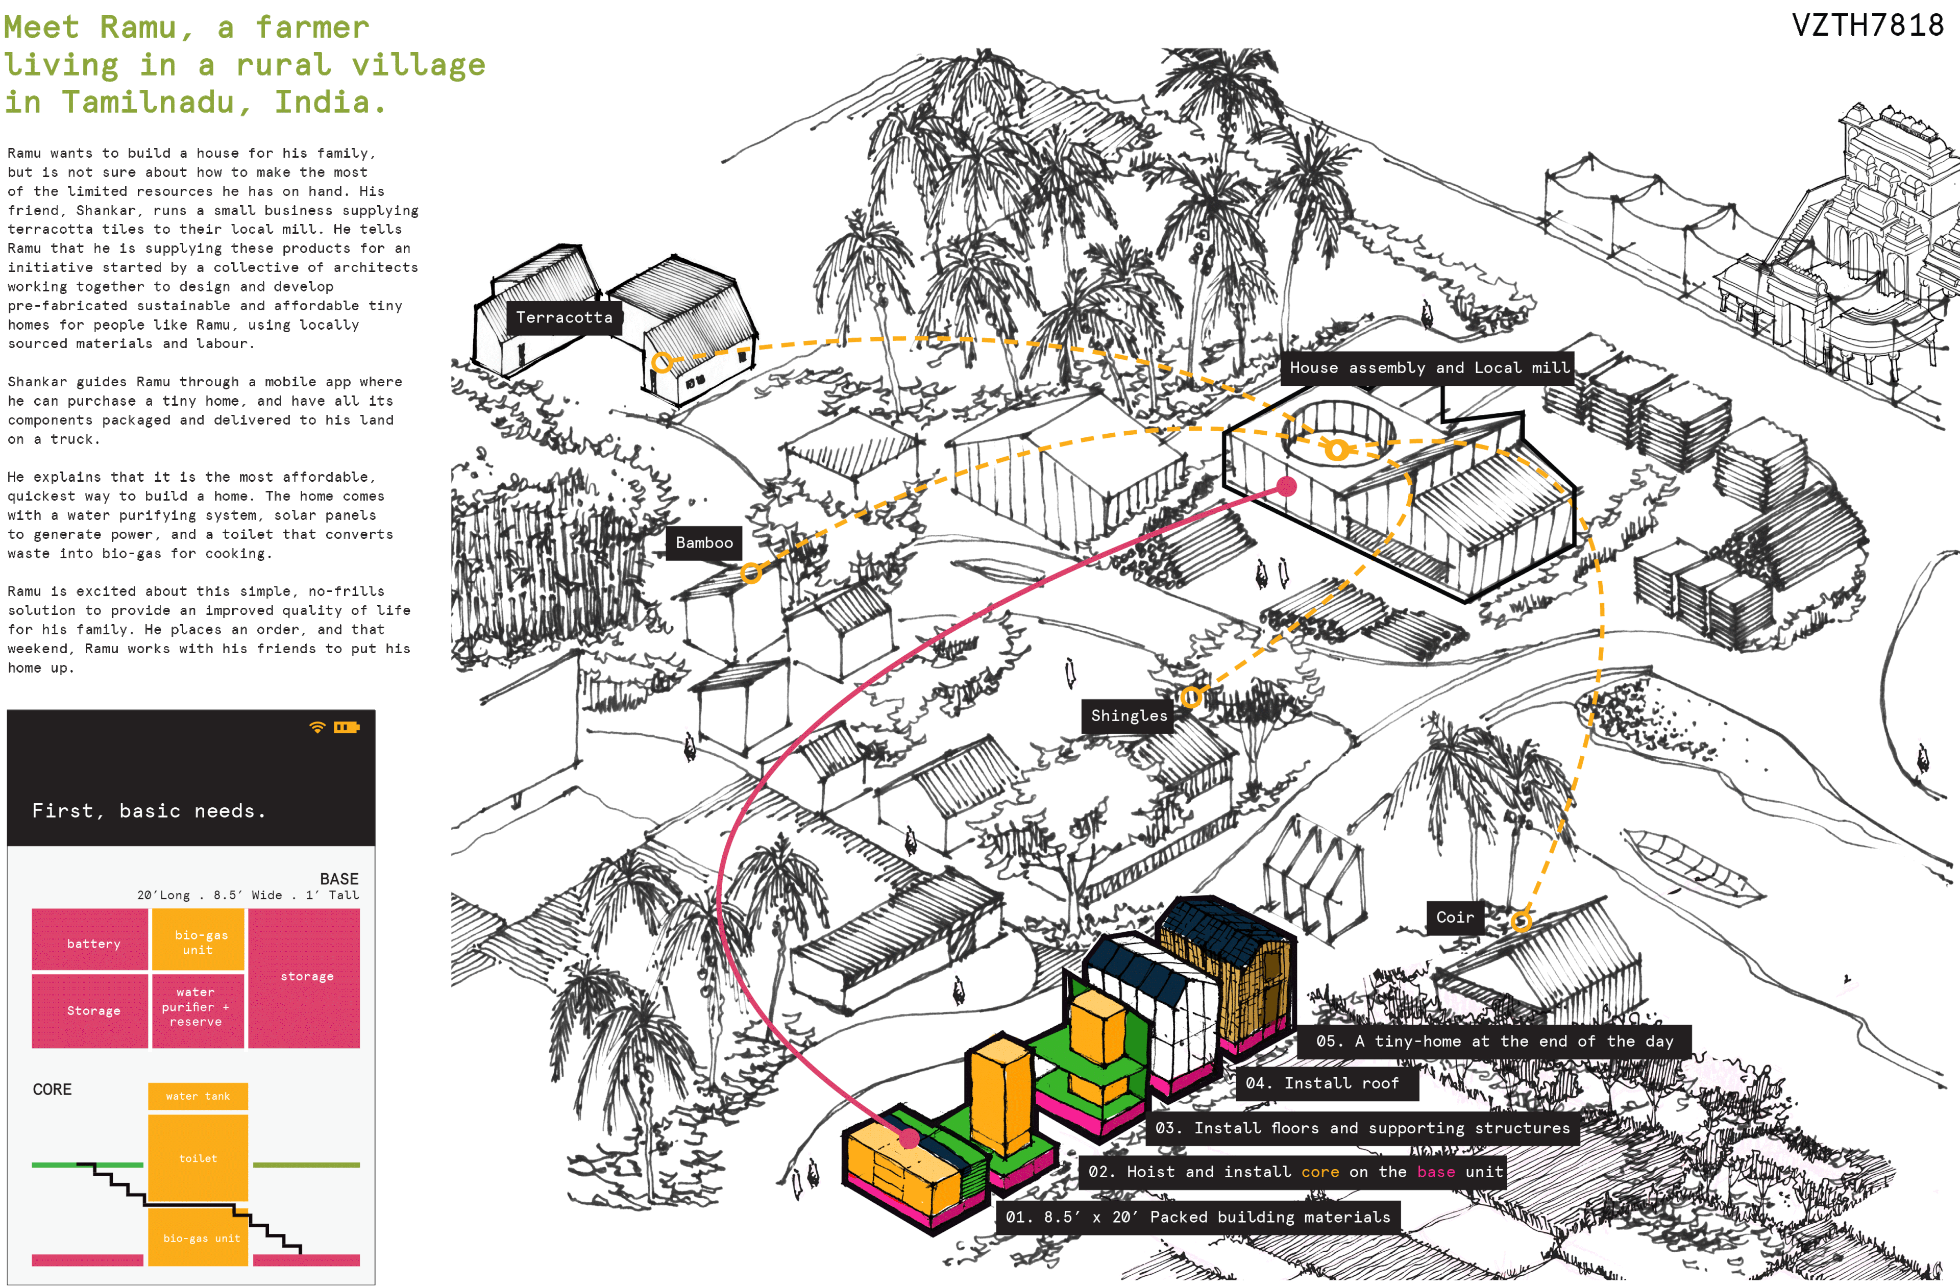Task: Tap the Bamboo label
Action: (703, 543)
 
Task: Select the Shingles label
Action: (1128, 715)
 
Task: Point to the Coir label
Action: (1454, 918)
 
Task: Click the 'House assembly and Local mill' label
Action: (1429, 368)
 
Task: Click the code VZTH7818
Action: (1867, 26)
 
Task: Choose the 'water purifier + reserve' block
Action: (197, 1007)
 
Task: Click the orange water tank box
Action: (198, 1096)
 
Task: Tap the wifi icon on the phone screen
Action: (317, 727)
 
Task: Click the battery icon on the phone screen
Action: (346, 727)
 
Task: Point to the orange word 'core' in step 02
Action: (1319, 1172)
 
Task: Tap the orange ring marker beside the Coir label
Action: (1521, 921)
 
